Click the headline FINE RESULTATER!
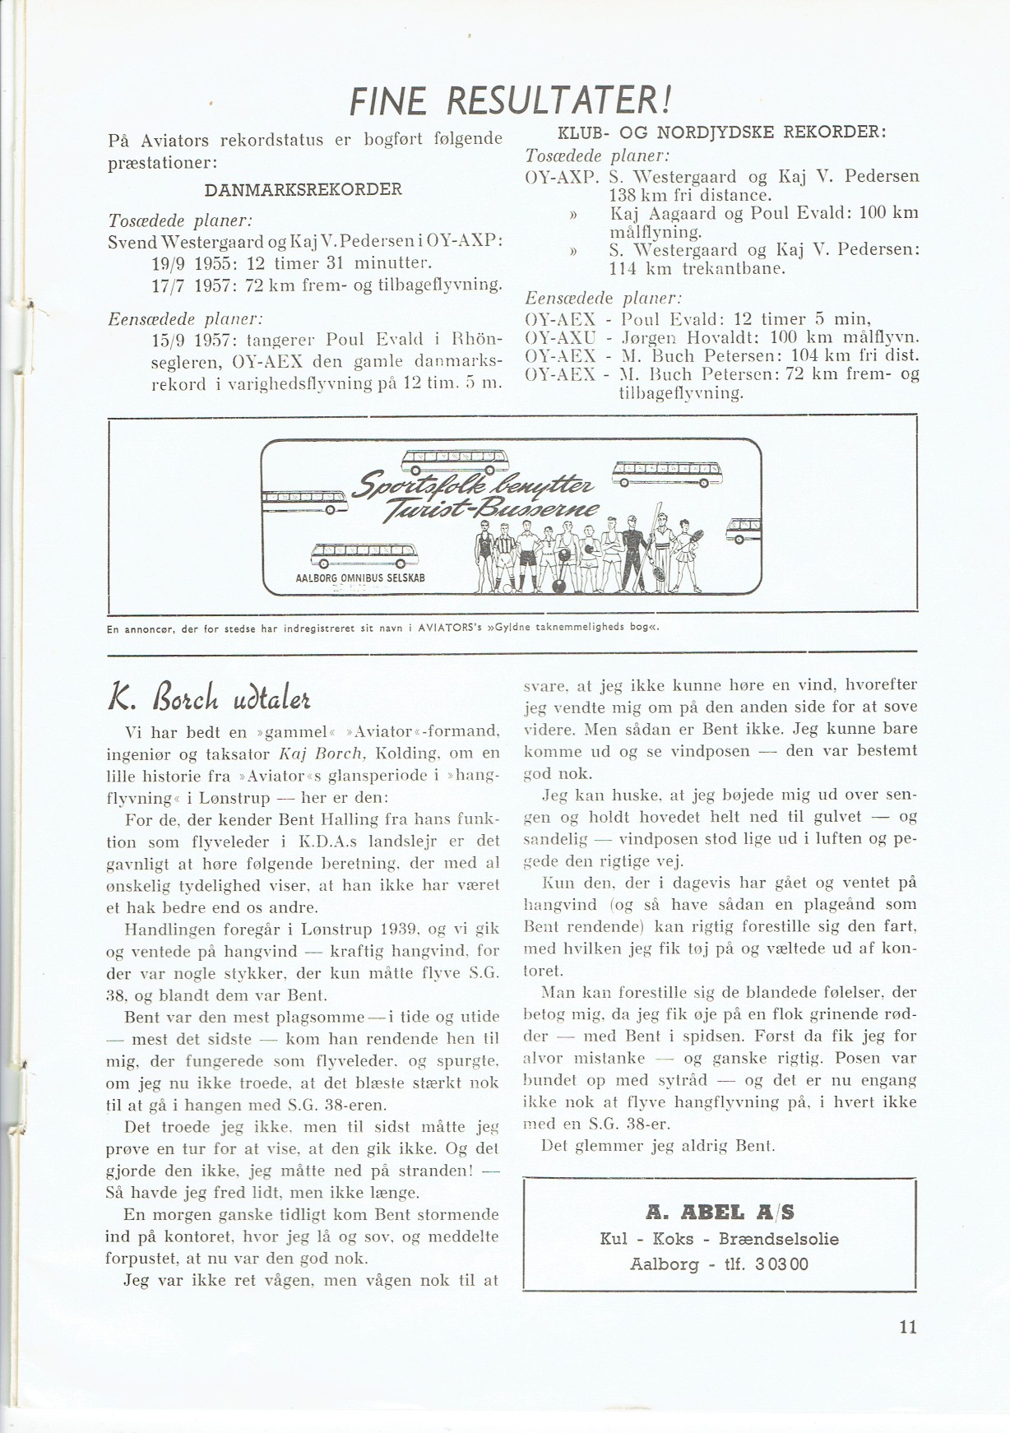(511, 102)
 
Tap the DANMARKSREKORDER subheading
(303, 190)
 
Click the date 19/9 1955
(192, 263)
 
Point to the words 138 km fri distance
(690, 196)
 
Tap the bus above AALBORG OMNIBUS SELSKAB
(364, 554)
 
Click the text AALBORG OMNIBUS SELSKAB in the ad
(360, 578)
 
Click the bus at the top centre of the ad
(454, 461)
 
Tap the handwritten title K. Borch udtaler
(209, 698)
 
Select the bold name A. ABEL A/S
(720, 1212)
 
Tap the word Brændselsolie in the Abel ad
(779, 1239)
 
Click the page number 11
(907, 1327)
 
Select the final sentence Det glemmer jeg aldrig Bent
(658, 1146)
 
